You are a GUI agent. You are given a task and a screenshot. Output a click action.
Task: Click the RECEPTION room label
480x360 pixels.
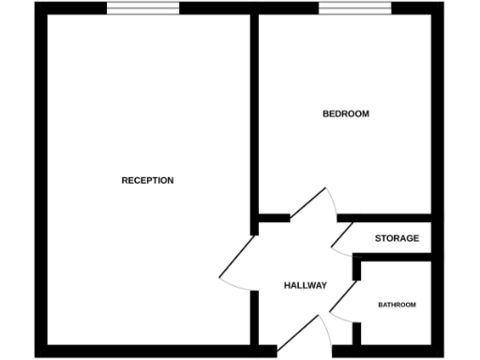point(147,180)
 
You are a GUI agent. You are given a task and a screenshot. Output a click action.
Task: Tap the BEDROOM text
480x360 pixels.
point(345,114)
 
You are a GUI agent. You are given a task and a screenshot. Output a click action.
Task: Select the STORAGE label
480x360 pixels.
point(397,238)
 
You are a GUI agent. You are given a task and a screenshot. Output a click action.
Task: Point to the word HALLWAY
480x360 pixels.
point(305,285)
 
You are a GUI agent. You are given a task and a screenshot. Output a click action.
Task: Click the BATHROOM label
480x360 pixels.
point(397,305)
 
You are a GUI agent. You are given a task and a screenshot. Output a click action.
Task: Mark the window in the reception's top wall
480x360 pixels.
point(142,8)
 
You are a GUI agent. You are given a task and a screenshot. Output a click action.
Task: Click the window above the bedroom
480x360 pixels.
point(355,8)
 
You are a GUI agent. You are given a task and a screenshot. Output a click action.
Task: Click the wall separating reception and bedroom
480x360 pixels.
point(254,112)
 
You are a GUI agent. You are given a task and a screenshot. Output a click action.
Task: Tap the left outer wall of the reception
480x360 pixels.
point(40,178)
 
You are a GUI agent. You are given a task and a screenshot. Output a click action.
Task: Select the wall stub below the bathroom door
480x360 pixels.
point(356,333)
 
